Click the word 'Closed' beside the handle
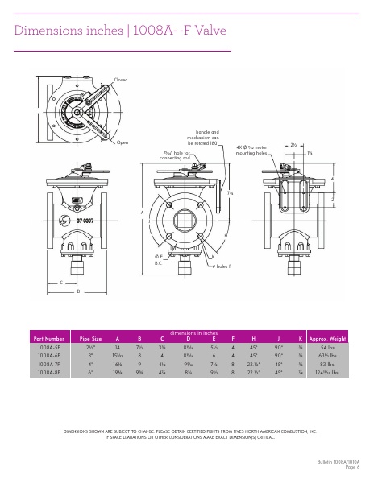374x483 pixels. point(121,80)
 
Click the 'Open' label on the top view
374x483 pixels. point(123,142)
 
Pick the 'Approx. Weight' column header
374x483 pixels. point(327,339)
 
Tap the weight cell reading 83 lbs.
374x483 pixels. point(327,365)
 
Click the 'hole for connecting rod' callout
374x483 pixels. point(177,155)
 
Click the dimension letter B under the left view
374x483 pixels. point(78,291)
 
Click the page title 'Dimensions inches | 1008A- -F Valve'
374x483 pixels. point(120,31)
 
